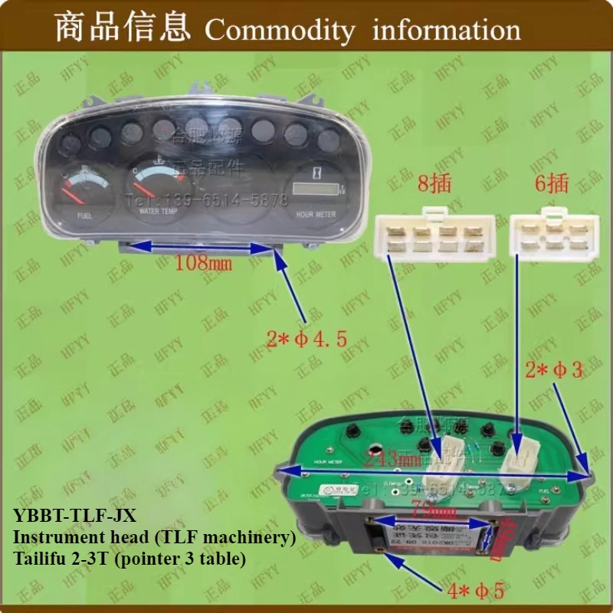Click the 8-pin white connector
[x=434, y=233]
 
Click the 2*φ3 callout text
[x=555, y=370]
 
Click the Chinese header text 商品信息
[x=123, y=29]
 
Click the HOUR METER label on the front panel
[x=315, y=215]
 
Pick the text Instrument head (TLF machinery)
[x=153, y=538]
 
